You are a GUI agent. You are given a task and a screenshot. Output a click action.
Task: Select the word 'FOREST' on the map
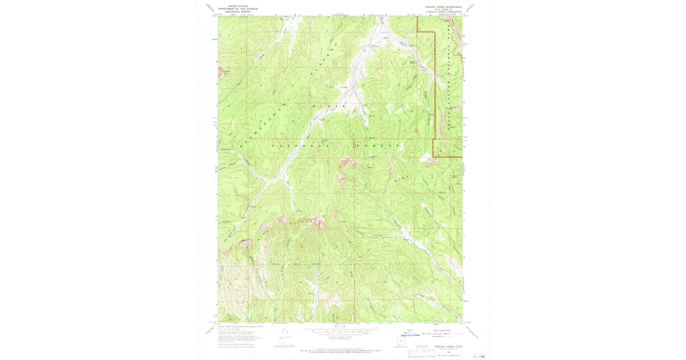click(377, 146)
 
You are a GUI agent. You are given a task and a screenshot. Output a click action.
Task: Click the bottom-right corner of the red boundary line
click(461, 156)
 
